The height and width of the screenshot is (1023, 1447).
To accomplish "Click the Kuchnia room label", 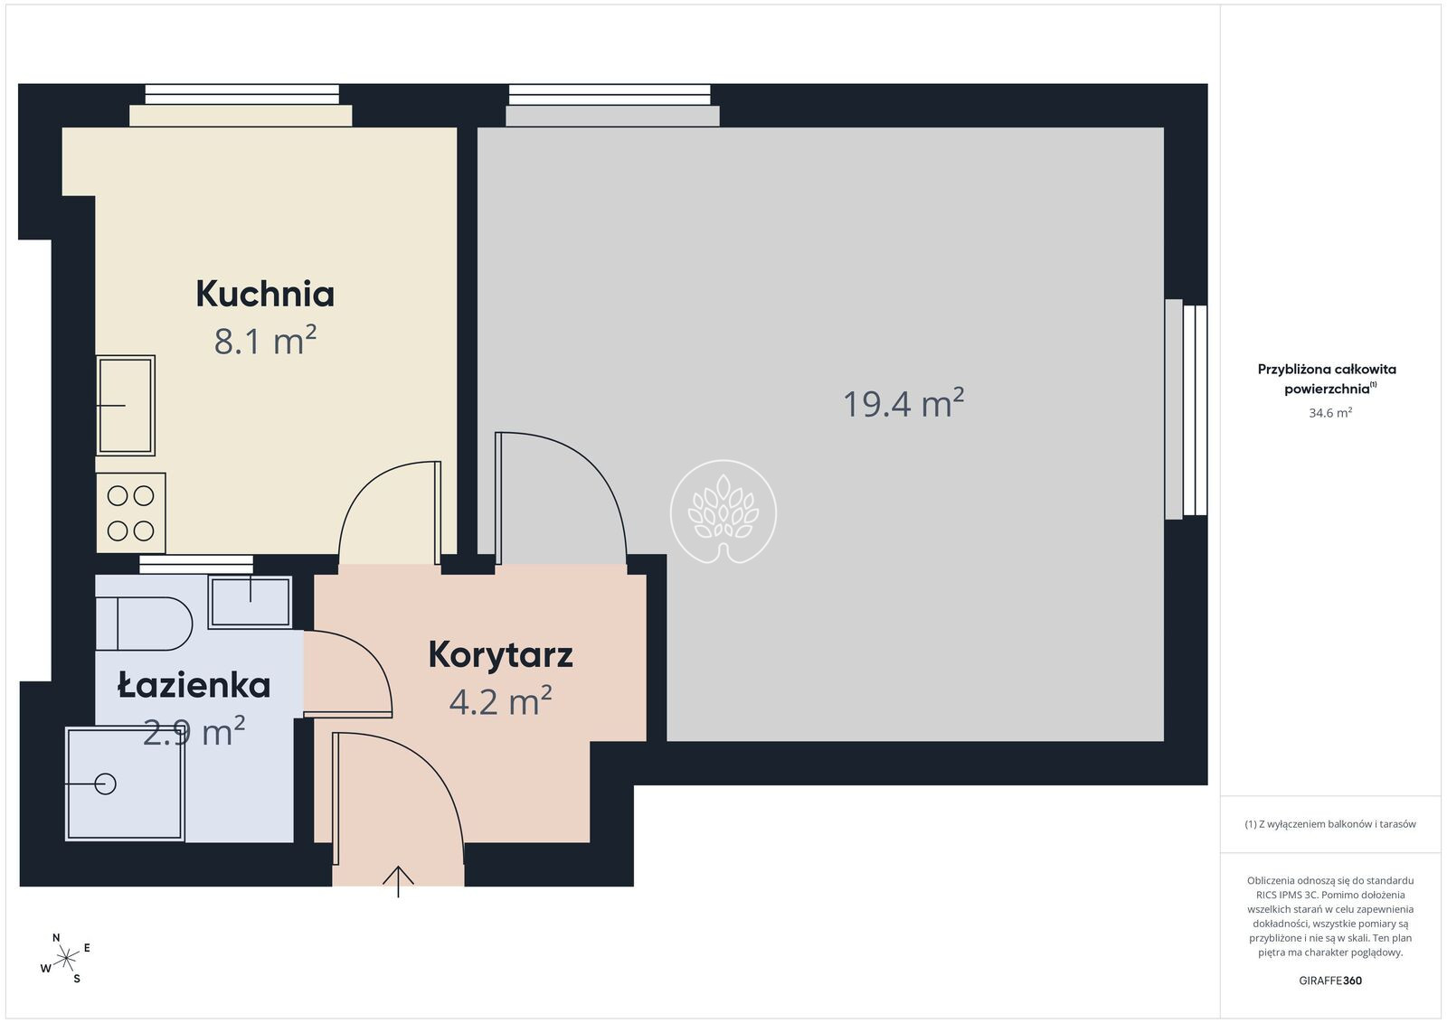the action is coord(265,294).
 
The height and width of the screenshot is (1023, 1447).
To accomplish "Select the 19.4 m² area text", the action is coord(903,403).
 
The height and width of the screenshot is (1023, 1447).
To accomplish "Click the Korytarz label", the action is coord(501,656).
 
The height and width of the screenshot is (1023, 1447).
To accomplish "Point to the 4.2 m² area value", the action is coord(501,700).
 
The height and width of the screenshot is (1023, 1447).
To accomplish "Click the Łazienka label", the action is coord(194,685).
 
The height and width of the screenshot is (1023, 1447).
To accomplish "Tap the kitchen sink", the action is coord(126,406).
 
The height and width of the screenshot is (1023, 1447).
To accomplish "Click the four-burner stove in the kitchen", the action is coord(130,513).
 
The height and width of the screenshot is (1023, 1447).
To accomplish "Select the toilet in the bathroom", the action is coord(144,624).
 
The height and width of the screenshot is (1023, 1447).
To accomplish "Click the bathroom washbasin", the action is coord(250,602).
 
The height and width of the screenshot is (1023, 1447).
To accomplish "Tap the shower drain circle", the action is coord(105,784).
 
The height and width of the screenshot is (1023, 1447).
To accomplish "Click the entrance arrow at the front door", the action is coord(398,882).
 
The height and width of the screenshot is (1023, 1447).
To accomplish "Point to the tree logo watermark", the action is coord(723,512).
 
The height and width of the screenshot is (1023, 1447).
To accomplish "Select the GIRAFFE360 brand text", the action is coord(1330,981).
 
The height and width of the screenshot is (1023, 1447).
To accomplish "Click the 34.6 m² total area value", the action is coord(1330,412).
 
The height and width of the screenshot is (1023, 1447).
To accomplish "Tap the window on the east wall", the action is coord(1187,409).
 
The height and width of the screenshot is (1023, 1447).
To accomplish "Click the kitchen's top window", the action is coord(241,95).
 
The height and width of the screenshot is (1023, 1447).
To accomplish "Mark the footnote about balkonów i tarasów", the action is coord(1330,824).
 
